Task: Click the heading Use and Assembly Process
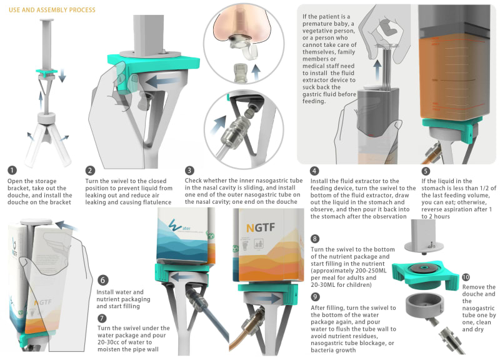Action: click(x=52, y=10)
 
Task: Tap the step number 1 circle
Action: click(x=12, y=170)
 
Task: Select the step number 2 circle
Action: click(x=90, y=170)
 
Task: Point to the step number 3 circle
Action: click(x=189, y=170)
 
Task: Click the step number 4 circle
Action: click(x=314, y=171)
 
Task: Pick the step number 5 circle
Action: click(x=426, y=171)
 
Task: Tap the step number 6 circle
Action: click(x=102, y=280)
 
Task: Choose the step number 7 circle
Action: click(x=102, y=318)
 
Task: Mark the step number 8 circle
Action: click(x=315, y=239)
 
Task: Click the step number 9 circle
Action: click(x=315, y=297)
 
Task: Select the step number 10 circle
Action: click(x=466, y=277)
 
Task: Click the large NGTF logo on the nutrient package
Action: click(x=261, y=227)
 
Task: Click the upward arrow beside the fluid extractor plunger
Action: click(x=377, y=70)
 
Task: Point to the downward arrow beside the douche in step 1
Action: click(x=62, y=74)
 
